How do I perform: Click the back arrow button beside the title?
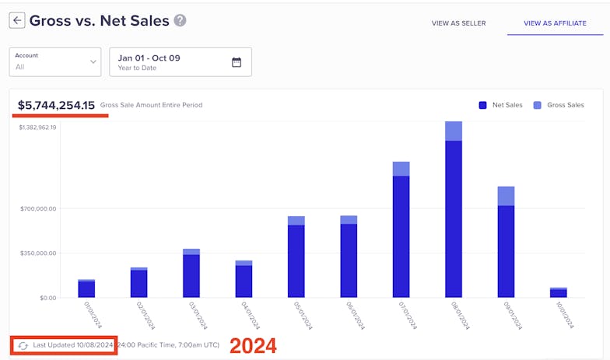coord(16,21)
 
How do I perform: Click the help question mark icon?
coord(181,21)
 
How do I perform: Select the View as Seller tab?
coord(458,23)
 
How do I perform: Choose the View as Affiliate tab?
coord(554,23)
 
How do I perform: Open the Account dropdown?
coord(55,61)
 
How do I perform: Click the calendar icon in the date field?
coord(237,62)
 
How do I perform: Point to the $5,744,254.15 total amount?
coord(57,105)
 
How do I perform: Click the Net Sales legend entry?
coord(502,105)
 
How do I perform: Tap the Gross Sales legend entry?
coord(559,105)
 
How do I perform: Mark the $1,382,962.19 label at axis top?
coord(37,128)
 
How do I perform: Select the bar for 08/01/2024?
coord(454,218)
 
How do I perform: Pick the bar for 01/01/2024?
coord(86,289)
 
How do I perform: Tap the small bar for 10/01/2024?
coord(559,293)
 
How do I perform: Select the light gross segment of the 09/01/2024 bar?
coord(506,196)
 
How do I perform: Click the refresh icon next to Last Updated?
coord(23,345)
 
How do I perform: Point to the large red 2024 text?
coord(253,345)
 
